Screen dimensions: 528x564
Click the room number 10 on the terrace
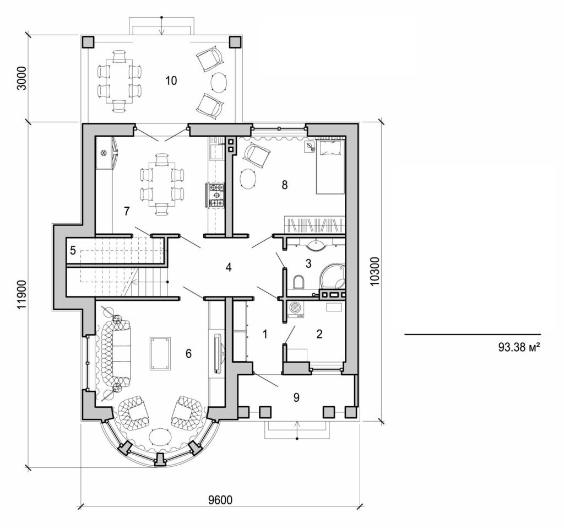pyautogui.click(x=171, y=80)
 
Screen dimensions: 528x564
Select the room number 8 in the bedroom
pyautogui.click(x=284, y=185)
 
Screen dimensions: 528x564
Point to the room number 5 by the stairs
pyautogui.click(x=73, y=251)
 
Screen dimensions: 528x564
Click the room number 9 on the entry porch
pyautogui.click(x=296, y=397)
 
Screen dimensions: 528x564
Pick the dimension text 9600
pyautogui.click(x=220, y=500)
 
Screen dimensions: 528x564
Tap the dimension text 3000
pyautogui.click(x=22, y=80)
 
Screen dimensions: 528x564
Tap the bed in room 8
pyautogui.click(x=330, y=166)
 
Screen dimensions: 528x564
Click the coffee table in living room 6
pyautogui.click(x=160, y=354)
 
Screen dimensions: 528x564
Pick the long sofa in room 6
pyautogui.click(x=114, y=356)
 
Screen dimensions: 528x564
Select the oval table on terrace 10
pyautogui.click(x=219, y=83)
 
